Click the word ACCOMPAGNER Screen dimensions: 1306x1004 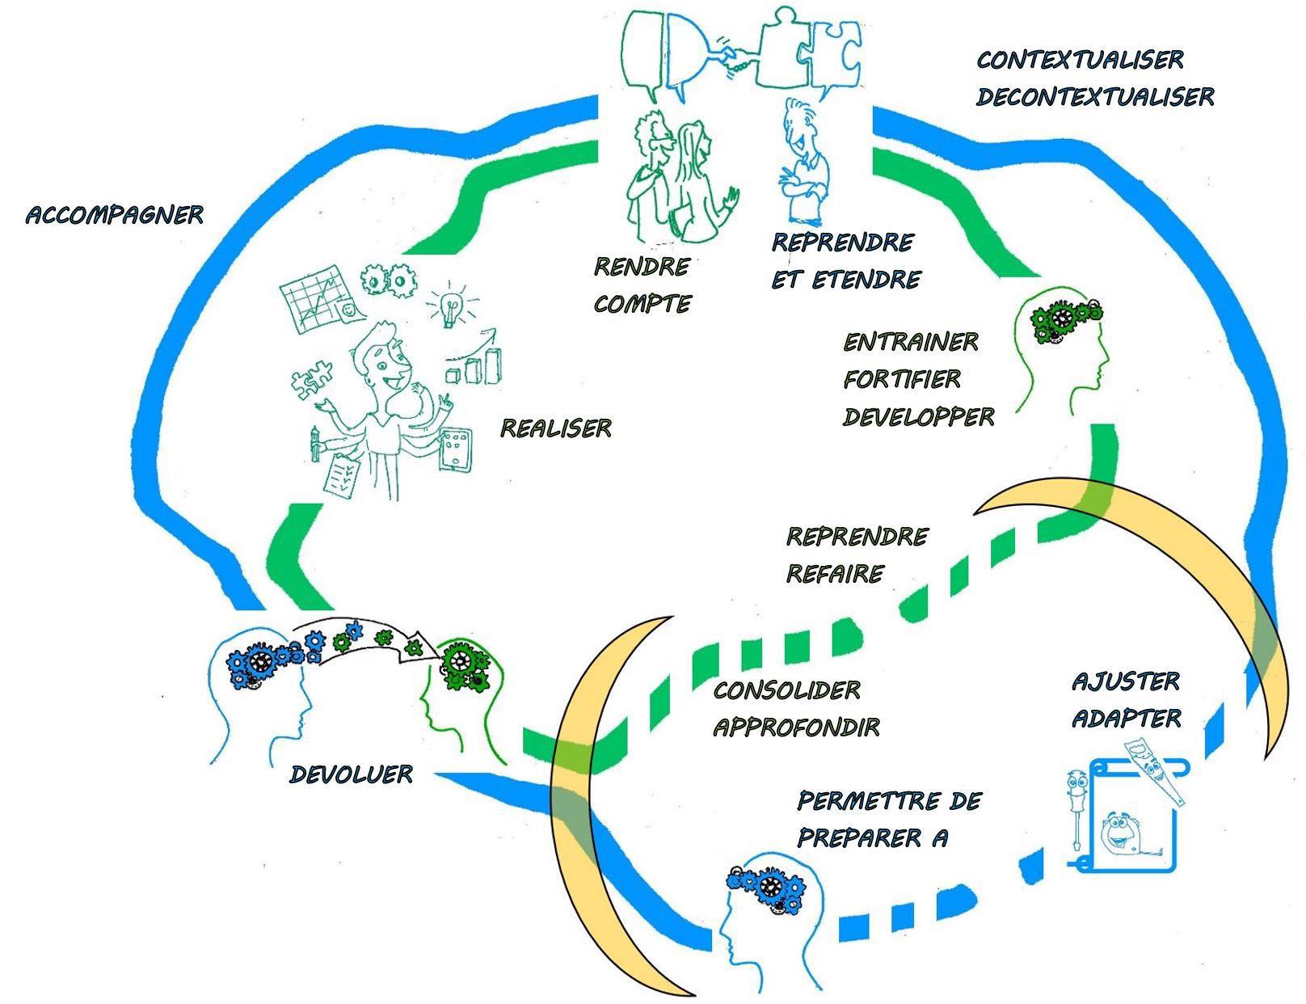point(114,215)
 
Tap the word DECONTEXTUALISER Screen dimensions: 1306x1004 point(1094,97)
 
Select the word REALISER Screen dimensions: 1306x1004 point(556,428)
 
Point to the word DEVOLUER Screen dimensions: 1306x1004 point(351,774)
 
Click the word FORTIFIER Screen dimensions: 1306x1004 point(902,379)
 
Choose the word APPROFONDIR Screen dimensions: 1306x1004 point(796,728)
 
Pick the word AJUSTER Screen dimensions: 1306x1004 point(1126,681)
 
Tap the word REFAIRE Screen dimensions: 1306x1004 point(835,574)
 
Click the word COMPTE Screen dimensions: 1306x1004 point(642,304)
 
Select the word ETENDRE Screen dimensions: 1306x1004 point(866,280)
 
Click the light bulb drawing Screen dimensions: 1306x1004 point(450,304)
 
